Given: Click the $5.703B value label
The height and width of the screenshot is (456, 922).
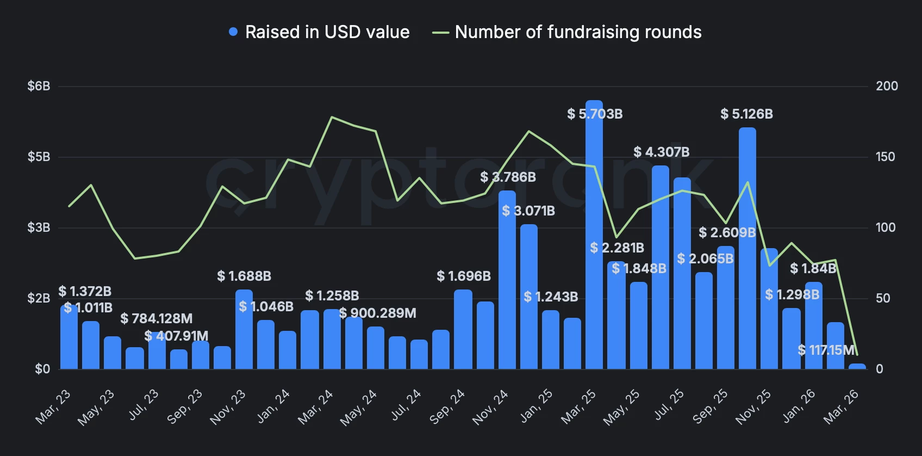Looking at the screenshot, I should [595, 114].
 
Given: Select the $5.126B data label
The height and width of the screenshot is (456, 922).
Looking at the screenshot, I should [746, 114].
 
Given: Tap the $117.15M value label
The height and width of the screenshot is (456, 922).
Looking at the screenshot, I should [826, 350].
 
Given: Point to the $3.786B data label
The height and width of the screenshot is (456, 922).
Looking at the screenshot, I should [508, 177].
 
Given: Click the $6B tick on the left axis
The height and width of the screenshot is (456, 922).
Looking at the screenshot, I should [39, 86].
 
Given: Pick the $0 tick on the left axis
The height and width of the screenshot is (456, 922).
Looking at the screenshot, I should [42, 369].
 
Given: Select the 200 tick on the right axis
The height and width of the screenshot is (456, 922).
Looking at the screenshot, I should [887, 86].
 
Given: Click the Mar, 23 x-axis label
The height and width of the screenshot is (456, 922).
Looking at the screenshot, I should [53, 406].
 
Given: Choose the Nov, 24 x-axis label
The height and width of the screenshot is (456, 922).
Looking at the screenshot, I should [490, 406].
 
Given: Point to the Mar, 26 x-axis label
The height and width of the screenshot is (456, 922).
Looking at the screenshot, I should [841, 406].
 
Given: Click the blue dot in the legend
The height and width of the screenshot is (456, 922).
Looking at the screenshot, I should [233, 32].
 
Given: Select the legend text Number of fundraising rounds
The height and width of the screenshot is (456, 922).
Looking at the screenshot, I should [578, 32].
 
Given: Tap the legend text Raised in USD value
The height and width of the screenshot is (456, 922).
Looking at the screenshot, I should [327, 32].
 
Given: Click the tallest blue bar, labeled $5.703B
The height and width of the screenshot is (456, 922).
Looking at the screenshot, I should [594, 234].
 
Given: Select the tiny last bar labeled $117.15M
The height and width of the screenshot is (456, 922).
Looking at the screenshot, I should [857, 366].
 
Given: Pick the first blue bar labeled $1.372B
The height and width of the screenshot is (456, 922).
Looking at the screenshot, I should [69, 337].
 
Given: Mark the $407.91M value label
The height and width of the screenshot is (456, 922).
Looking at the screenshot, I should [176, 336].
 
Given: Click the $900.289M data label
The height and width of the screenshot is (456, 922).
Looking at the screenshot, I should [377, 313].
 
